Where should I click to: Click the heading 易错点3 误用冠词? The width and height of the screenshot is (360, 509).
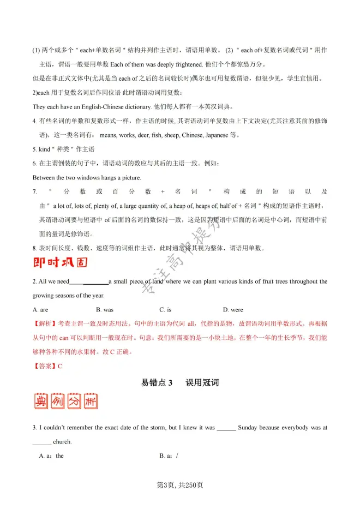coord(180,382)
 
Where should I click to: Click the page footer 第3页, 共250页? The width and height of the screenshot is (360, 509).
coord(180,484)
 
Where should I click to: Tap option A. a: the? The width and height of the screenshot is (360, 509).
coord(51,456)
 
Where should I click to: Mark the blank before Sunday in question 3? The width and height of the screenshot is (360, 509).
coord(226,428)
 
